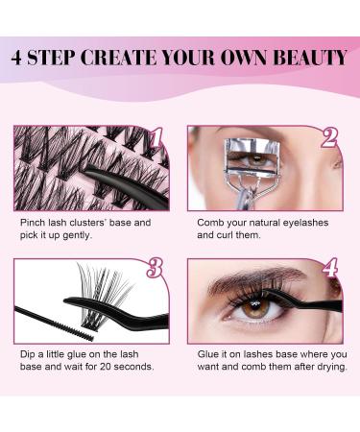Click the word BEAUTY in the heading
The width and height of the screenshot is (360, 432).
point(310,58)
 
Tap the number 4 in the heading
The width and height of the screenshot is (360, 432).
point(16,58)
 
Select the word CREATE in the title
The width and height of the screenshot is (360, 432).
point(118,58)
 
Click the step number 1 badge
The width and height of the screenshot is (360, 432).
point(157,138)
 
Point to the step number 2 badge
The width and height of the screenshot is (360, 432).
point(330,138)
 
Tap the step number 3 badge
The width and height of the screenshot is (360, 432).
point(155,268)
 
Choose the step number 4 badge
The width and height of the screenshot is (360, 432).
point(330,268)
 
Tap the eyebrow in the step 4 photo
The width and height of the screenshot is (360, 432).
point(256,277)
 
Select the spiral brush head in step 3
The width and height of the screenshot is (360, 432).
point(78,329)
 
